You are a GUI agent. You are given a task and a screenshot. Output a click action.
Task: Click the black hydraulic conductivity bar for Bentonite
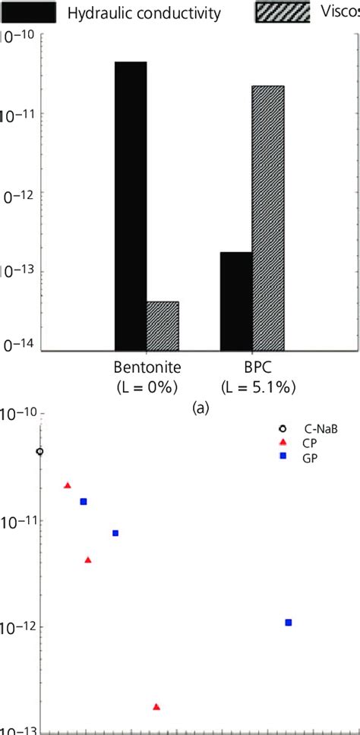[x=131, y=205]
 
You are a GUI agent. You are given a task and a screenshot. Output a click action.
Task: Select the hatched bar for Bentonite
[x=163, y=326]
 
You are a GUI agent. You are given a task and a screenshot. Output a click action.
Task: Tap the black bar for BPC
[x=236, y=301]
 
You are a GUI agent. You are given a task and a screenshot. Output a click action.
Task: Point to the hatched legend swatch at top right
[x=281, y=11]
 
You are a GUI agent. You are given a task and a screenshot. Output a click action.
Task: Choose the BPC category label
[x=257, y=367]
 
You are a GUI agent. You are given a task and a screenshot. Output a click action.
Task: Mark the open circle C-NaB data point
[x=39, y=451]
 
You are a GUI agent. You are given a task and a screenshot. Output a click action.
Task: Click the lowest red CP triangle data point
[x=156, y=706]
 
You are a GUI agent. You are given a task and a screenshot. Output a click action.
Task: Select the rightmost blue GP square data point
[x=289, y=622]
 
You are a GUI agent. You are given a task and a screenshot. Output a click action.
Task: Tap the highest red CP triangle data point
[x=68, y=485]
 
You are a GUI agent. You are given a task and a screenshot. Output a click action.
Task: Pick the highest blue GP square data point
[x=84, y=501]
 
